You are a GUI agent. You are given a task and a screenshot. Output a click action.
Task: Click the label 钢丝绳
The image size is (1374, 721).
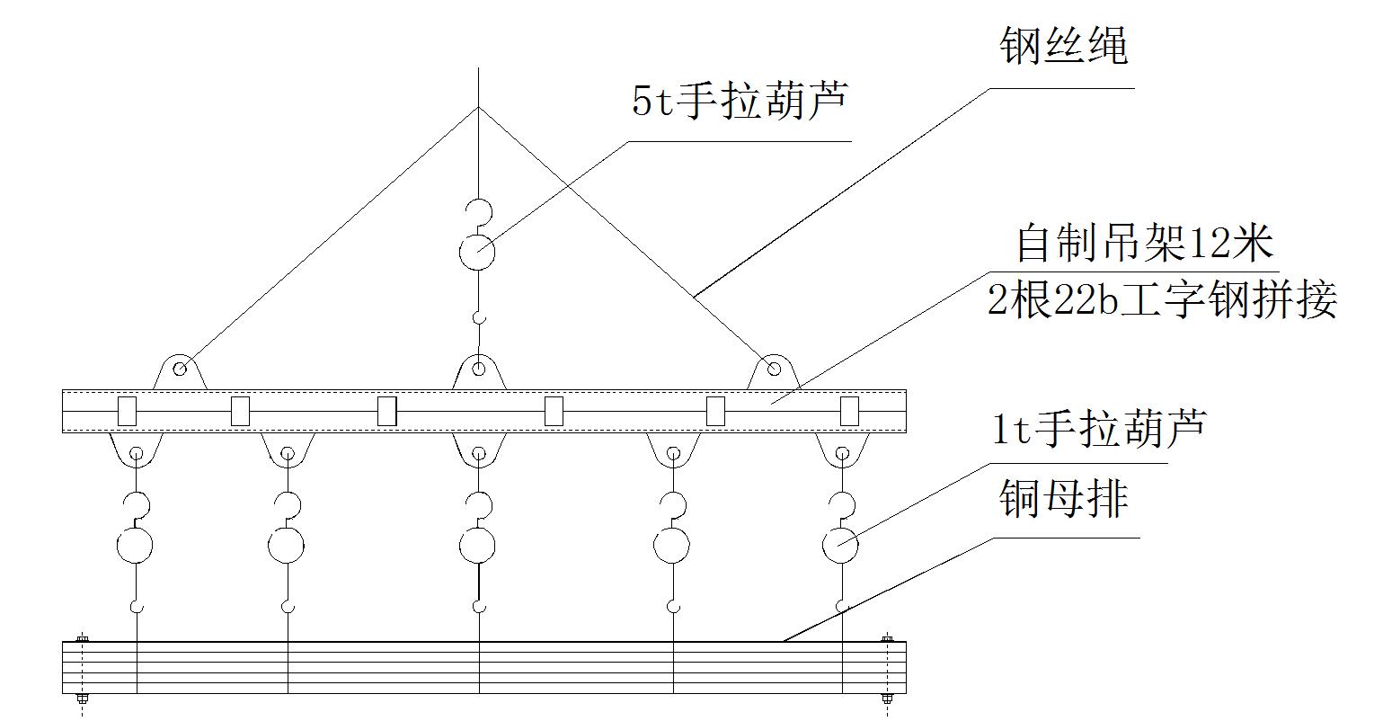point(1063,47)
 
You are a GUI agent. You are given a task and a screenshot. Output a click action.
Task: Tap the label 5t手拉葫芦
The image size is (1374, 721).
point(739,102)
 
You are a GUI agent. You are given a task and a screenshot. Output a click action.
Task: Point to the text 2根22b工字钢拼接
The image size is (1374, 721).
point(1162,299)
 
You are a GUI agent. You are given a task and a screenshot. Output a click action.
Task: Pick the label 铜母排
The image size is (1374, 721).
point(1063,499)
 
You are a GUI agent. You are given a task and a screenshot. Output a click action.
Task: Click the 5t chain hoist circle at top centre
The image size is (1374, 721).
point(477,252)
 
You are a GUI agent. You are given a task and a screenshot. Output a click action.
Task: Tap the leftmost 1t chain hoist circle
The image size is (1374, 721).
point(135,545)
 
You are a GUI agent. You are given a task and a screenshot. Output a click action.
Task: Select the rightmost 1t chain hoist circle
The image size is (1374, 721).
point(841,545)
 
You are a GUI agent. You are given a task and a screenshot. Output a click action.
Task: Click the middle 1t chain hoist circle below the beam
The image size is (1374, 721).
point(477,545)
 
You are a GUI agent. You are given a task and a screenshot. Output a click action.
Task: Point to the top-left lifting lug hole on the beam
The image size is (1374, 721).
point(181,369)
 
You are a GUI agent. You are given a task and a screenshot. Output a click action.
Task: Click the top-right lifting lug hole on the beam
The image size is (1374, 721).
point(773,369)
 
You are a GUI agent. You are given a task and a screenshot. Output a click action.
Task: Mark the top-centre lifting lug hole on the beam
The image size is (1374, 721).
point(480,369)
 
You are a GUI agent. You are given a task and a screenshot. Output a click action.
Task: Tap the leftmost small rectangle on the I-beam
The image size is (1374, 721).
point(127,411)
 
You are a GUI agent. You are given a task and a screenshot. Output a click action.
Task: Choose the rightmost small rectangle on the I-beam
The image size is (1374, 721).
point(849,411)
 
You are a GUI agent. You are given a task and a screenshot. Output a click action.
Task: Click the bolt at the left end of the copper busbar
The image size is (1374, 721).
point(82,640)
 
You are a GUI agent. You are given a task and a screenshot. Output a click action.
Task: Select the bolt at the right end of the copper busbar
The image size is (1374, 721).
point(887,640)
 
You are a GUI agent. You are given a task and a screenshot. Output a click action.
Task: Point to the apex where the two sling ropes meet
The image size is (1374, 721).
point(478,108)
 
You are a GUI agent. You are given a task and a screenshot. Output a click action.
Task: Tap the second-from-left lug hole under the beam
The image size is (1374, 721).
point(287,453)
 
